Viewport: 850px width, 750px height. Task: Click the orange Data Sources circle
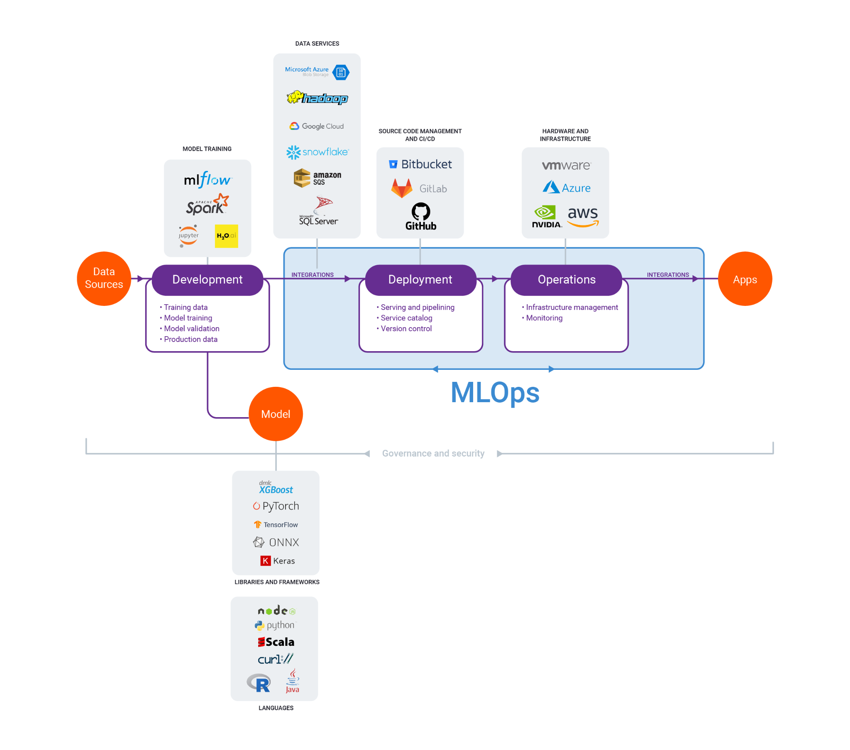pos(104,278)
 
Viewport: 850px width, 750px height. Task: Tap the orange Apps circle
pos(745,278)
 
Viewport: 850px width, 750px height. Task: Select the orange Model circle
pos(276,414)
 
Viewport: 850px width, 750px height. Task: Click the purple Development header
pos(208,279)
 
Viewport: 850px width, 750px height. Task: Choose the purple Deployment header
pos(420,279)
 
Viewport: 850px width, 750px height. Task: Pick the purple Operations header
pos(567,279)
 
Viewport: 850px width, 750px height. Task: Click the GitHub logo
pos(421,216)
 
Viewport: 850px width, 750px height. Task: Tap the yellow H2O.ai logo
pos(227,236)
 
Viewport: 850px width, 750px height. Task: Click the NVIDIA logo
pos(547,217)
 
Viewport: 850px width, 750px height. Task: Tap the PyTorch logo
pos(276,506)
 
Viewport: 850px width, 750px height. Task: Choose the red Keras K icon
pos(265,561)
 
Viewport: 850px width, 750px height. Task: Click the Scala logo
pos(276,642)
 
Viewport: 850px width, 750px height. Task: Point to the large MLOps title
pos(495,392)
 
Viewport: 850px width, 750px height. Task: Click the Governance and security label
pos(433,453)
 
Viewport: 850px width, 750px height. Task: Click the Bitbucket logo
pos(420,164)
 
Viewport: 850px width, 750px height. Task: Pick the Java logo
pos(293,681)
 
